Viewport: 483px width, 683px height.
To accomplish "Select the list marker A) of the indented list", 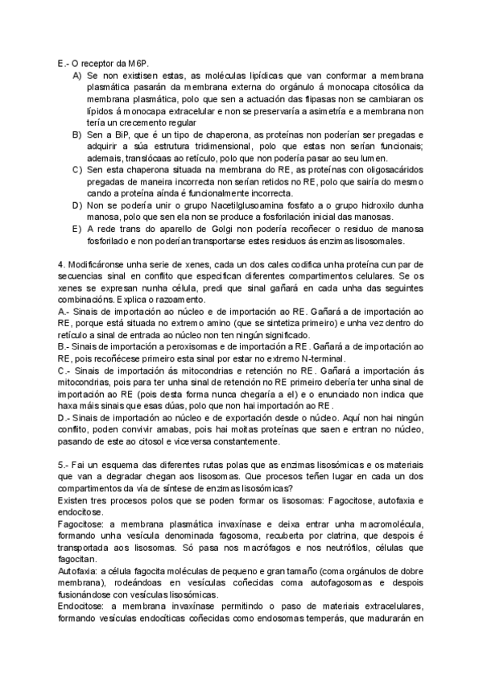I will [77, 75].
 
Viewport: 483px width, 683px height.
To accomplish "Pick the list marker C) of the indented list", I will [77, 169].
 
